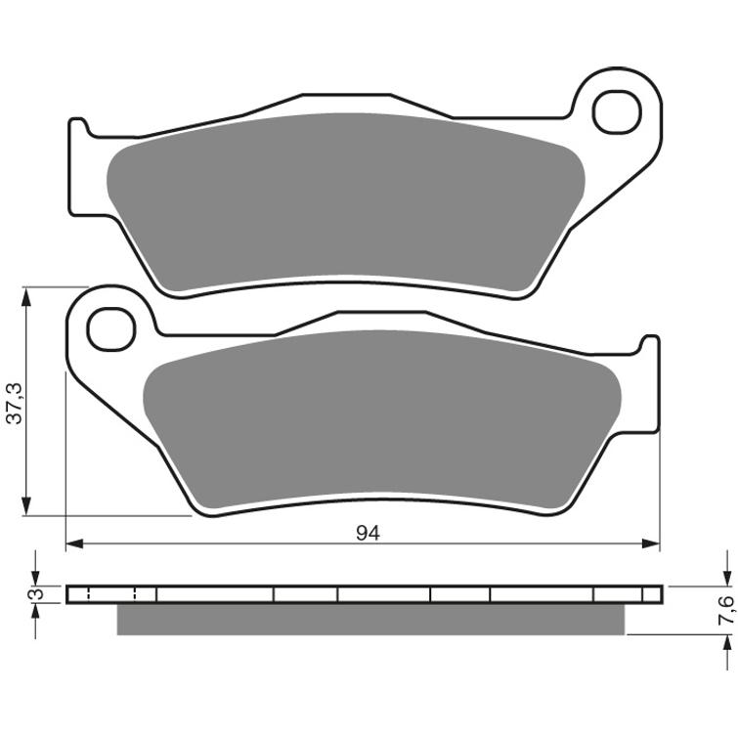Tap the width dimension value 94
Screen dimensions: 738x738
[368, 533]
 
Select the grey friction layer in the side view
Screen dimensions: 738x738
[369, 619]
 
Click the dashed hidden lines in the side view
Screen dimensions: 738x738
[134, 594]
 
